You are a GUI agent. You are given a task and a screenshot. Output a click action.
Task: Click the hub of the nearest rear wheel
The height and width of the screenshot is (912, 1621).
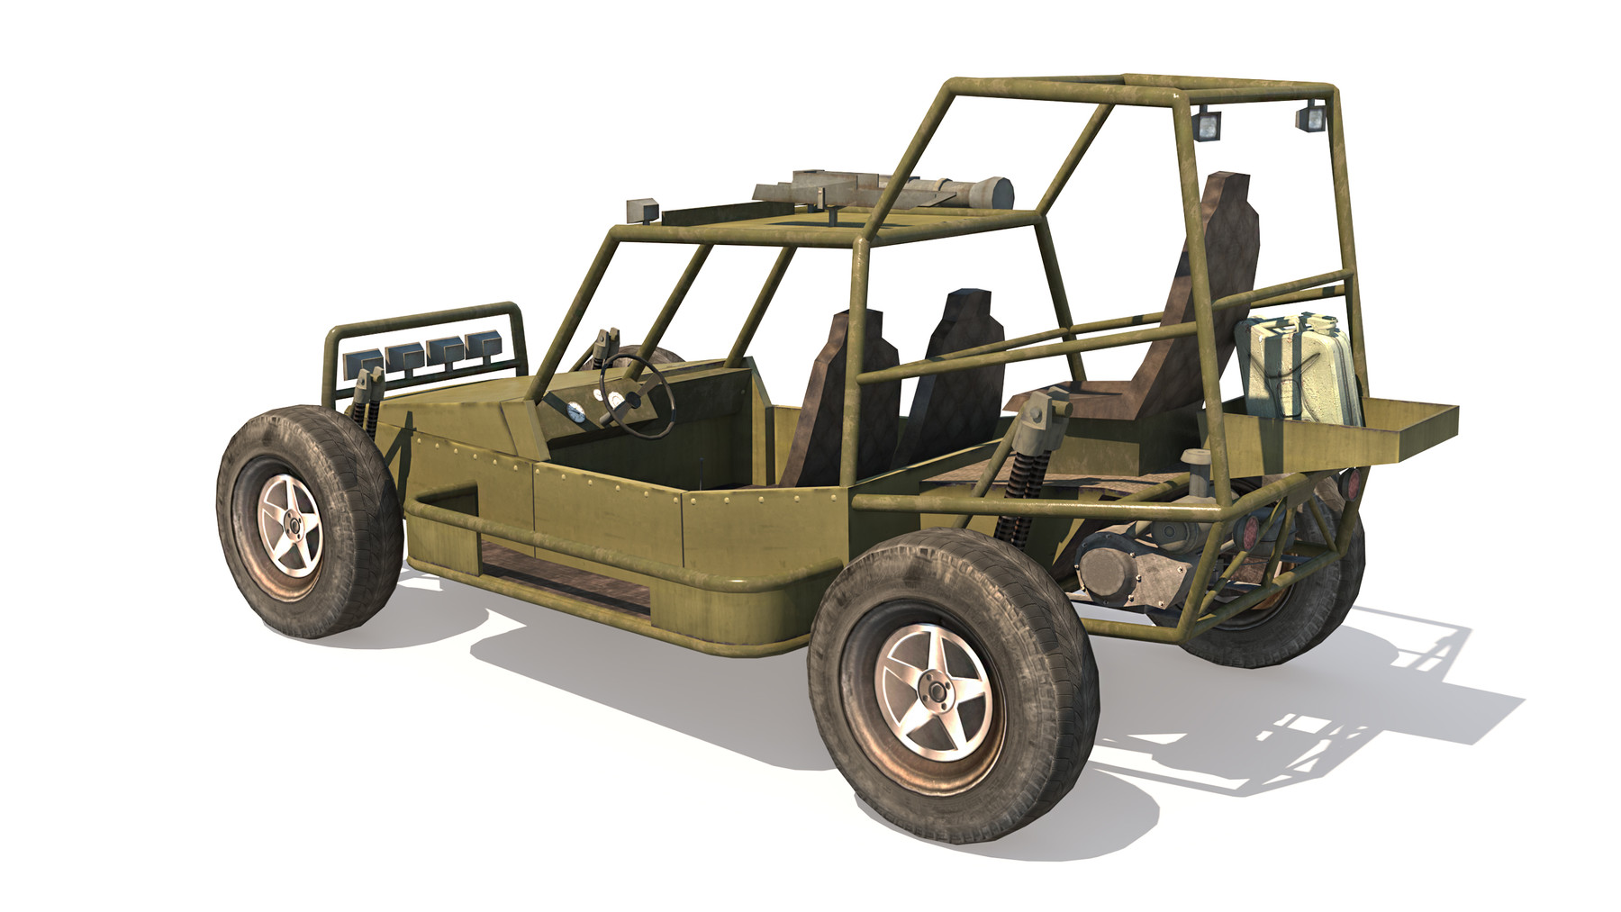tap(937, 691)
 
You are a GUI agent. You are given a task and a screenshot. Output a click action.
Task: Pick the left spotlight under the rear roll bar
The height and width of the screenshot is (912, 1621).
tap(1205, 122)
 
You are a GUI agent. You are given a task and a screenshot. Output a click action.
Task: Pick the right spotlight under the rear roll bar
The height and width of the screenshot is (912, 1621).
tap(1312, 116)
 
